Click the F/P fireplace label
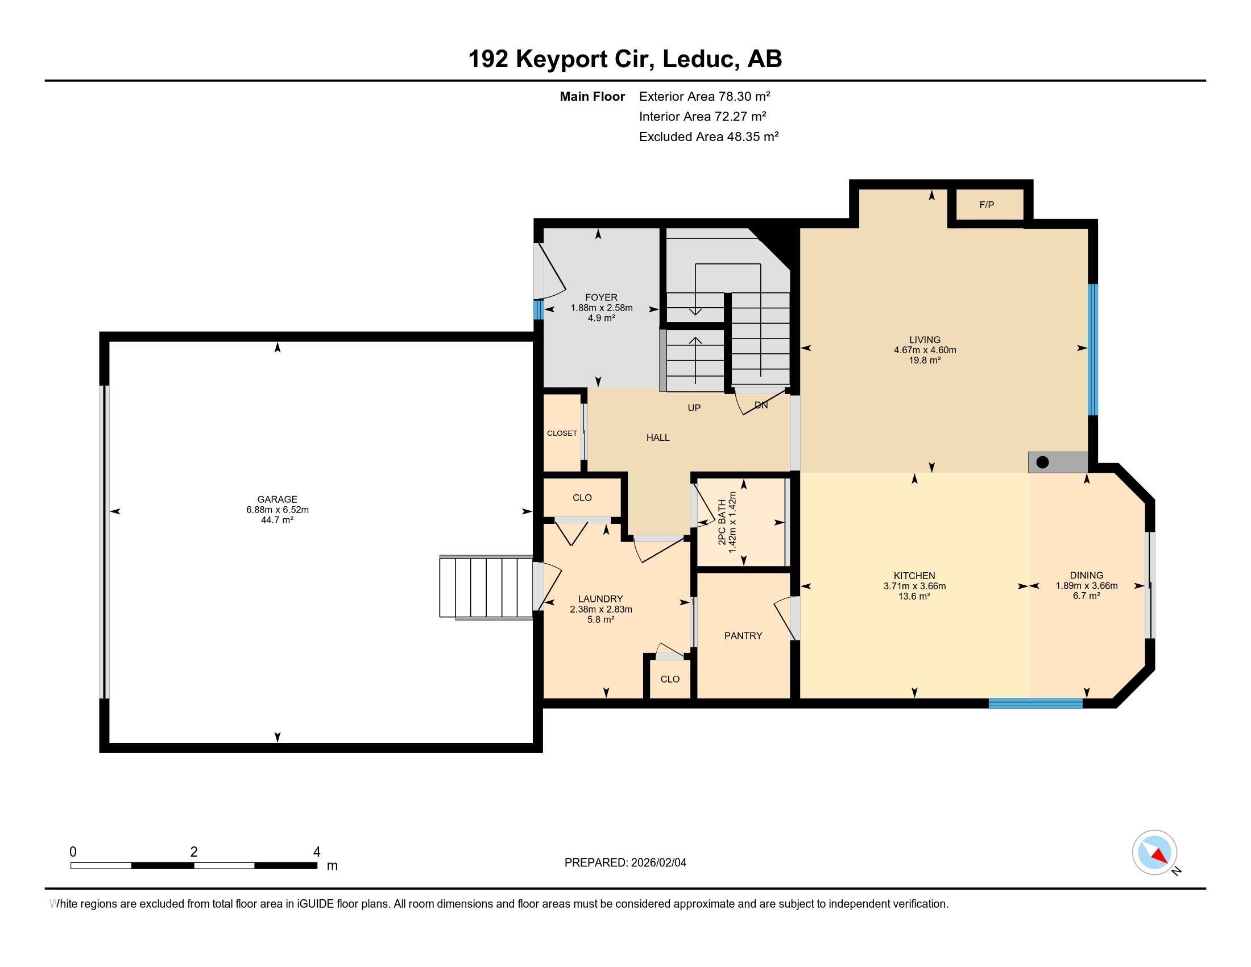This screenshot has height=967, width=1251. pos(987,205)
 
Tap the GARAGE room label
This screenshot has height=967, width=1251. pos(277,499)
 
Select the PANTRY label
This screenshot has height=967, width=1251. pos(743,635)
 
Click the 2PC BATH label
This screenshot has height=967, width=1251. pos(722,522)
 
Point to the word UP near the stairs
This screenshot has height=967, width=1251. pos(694,408)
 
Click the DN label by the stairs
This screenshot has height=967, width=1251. pos(761,405)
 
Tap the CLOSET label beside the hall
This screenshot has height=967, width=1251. pos(562,433)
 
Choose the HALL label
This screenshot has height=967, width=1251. pos(658,437)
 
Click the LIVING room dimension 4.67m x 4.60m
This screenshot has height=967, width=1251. pos(925,350)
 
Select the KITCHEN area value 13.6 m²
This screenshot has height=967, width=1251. pos(914,596)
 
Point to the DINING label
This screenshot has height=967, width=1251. pos(1087,575)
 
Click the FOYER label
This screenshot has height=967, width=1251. pos(602,297)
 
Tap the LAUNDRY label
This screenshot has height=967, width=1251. pos(600,599)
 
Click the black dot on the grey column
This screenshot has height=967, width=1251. pos(1042,462)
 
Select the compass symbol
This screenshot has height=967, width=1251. pos(1154,853)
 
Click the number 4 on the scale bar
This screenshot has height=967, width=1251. pos(317,852)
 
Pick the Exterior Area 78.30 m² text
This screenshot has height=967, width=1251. pos(705,96)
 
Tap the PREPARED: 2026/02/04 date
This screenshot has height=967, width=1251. pos(625,862)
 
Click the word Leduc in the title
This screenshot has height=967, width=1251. pos(698,59)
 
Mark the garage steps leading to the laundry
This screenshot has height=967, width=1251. pos(486,587)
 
